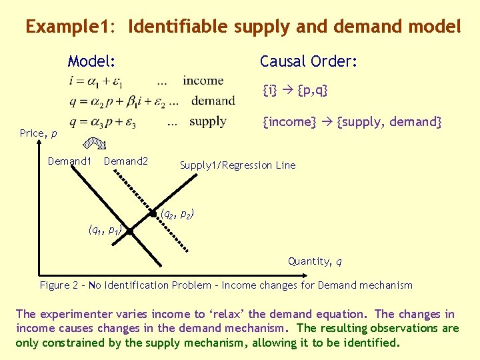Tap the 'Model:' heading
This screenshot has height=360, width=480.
tap(91, 61)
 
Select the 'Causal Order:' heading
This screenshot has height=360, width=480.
tap(309, 61)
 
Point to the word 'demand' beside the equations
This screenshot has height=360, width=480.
tap(213, 101)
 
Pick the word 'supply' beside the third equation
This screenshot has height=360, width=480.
tap(207, 122)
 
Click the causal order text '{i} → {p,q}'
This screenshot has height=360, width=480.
tap(295, 89)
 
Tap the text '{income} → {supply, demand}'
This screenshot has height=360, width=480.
tap(352, 121)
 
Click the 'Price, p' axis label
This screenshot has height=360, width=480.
tap(39, 133)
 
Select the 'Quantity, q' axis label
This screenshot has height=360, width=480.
tap(315, 261)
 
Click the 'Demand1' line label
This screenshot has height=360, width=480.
tap(69, 161)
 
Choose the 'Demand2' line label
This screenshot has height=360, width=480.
tap(126, 161)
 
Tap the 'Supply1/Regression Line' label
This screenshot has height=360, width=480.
tap(237, 165)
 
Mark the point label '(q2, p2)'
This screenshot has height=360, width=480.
tap(177, 215)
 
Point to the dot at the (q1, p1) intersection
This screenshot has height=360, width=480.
tap(131, 231)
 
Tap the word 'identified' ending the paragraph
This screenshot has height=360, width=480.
tap(369, 343)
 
